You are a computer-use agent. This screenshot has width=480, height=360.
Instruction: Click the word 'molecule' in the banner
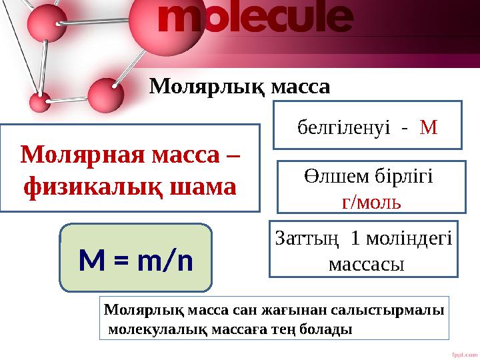(254, 19)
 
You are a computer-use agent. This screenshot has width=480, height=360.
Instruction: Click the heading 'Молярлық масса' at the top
(239, 86)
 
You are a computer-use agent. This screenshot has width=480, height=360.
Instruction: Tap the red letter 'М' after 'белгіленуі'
(429, 126)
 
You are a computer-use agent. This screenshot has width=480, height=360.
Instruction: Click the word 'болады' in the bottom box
(330, 329)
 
